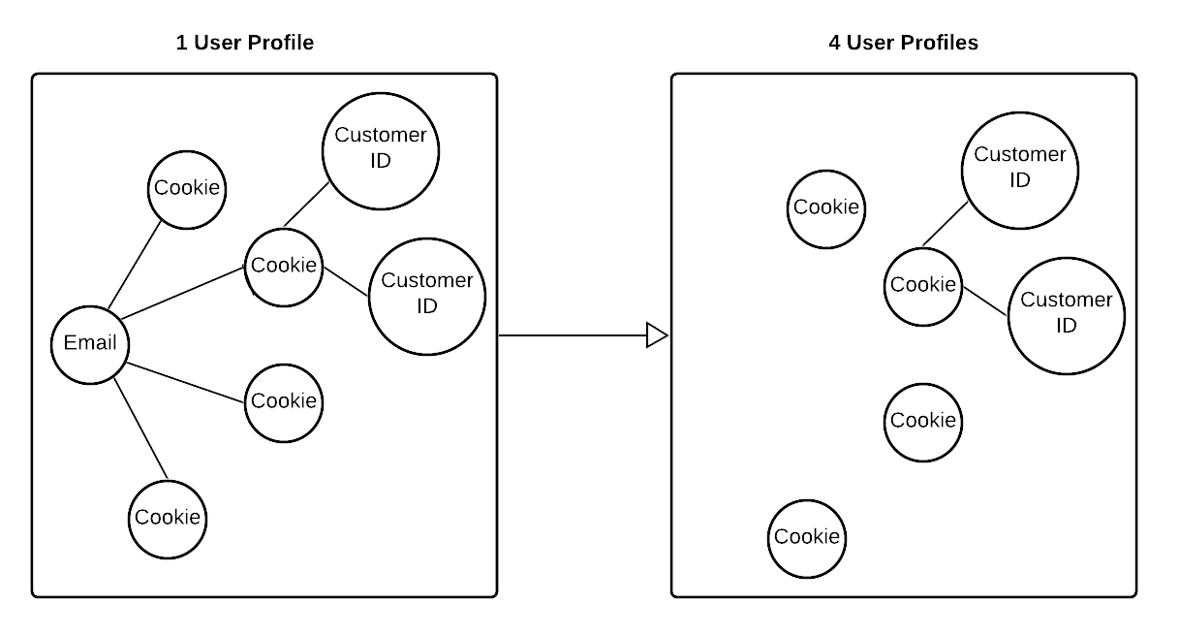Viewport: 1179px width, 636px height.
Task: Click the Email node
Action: click(x=90, y=344)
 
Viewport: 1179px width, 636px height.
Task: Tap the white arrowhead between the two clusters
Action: click(x=656, y=335)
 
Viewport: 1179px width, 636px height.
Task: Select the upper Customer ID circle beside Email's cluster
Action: click(x=381, y=151)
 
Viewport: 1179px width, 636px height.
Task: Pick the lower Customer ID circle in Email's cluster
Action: click(x=427, y=296)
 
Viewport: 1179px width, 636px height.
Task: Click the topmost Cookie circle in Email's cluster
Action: click(x=187, y=189)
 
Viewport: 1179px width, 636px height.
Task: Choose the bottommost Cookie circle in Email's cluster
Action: click(x=168, y=519)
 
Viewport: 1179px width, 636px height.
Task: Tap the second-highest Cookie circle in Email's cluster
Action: click(x=284, y=267)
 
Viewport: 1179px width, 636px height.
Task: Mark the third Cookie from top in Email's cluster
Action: click(x=284, y=402)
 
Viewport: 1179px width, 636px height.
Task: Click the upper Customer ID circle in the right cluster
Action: click(x=1020, y=171)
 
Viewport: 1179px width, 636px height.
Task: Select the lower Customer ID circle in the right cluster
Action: click(x=1067, y=315)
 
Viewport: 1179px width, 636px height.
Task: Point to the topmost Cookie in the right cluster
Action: click(x=826, y=208)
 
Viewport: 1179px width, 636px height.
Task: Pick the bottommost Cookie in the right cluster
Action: click(x=807, y=538)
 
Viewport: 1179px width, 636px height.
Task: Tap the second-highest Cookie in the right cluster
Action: click(x=923, y=286)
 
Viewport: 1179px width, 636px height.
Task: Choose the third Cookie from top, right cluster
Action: click(x=923, y=422)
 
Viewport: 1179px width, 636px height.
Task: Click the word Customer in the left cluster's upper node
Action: click(x=381, y=136)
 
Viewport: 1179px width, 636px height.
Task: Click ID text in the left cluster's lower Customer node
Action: click(x=427, y=306)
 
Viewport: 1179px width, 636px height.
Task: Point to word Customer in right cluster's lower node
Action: click(x=1067, y=300)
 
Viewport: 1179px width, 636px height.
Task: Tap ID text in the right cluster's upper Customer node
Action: click(x=1020, y=180)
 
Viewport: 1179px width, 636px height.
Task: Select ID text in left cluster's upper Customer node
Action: click(x=381, y=161)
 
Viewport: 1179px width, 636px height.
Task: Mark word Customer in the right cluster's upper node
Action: click(x=1020, y=155)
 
